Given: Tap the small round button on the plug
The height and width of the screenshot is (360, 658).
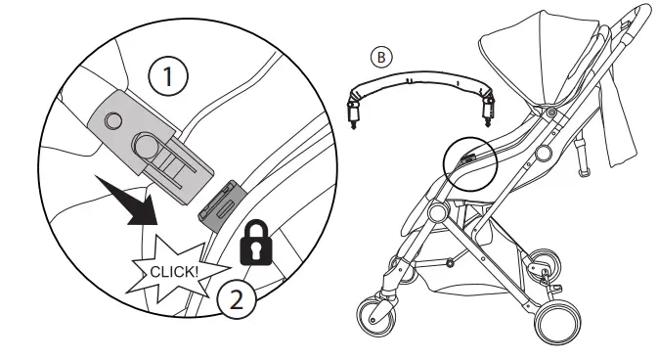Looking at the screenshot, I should tap(113, 121).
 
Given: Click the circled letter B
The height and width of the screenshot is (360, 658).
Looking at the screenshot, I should tap(379, 55).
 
